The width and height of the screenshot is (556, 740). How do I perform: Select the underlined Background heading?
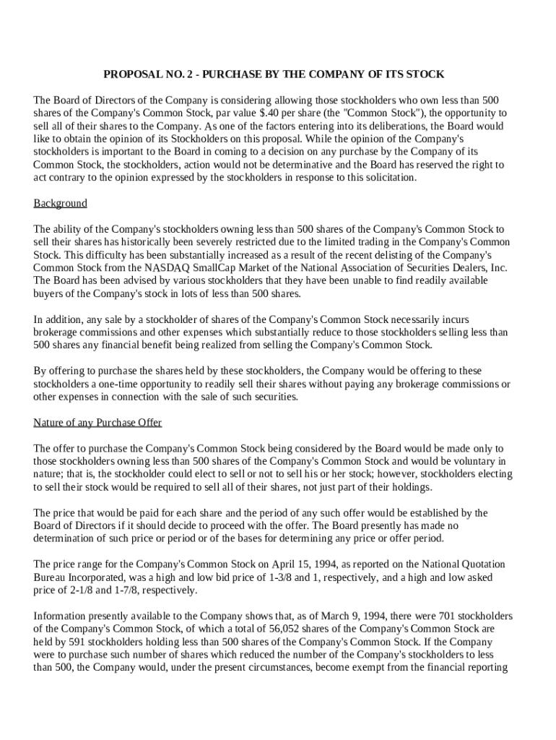[x=60, y=204]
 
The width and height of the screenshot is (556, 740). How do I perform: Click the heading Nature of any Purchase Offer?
[x=97, y=423]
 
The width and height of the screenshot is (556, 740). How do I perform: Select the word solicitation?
[x=391, y=178]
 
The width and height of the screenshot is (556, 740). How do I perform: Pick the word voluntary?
[x=469, y=461]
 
